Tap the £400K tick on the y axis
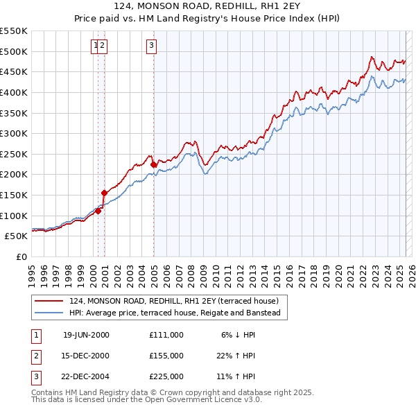pyautogui.click(x=14, y=92)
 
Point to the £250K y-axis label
pyautogui.click(x=14, y=154)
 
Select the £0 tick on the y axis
pyautogui.click(x=22, y=256)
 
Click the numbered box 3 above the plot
pyautogui.click(x=151, y=46)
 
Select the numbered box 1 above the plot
pyautogui.click(x=95, y=46)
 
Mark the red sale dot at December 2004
pyautogui.click(x=153, y=164)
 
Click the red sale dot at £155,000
pyautogui.click(x=104, y=193)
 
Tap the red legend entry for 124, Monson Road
pyautogui.click(x=173, y=301)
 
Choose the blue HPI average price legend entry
pyautogui.click(x=174, y=313)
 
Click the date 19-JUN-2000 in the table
pyautogui.click(x=86, y=334)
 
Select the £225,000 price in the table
pyautogui.click(x=166, y=377)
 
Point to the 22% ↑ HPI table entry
pyautogui.click(x=235, y=356)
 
